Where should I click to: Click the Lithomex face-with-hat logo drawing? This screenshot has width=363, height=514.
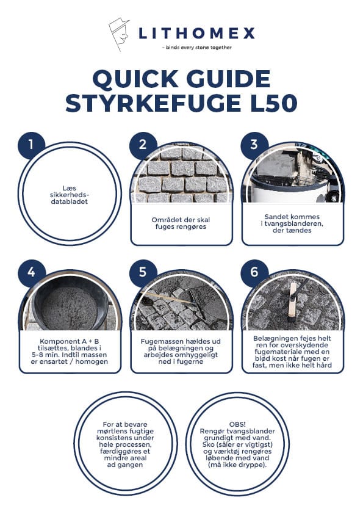119,34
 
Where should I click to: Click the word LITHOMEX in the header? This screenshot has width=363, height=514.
196,34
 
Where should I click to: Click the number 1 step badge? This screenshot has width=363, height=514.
31,145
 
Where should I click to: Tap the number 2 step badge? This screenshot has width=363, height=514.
143,145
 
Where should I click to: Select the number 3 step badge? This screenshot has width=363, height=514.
254,145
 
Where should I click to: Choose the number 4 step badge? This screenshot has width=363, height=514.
31,272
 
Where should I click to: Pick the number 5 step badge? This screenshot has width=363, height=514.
143,272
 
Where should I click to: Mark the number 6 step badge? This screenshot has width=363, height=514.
254,272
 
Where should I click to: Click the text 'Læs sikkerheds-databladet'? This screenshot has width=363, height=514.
70,195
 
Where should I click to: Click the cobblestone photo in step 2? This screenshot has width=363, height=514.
182,177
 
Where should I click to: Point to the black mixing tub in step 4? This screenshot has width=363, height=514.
70,305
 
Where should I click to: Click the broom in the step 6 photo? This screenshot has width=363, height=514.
293,300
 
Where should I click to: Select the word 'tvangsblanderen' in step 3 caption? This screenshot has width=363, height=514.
290,223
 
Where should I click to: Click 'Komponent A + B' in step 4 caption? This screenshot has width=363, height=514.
70,341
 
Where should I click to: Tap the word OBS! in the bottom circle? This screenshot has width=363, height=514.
237,424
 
